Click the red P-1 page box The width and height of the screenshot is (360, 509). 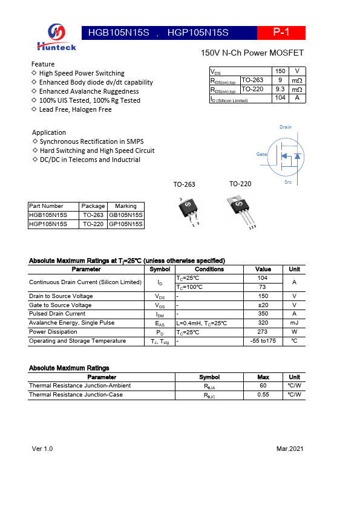pyautogui.click(x=281, y=33)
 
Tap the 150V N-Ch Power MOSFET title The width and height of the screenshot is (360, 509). pyautogui.click(x=252, y=53)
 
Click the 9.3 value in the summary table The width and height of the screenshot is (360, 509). pyautogui.click(x=280, y=89)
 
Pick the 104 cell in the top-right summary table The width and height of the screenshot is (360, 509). pyautogui.click(x=280, y=98)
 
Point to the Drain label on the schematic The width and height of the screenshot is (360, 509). pyautogui.click(x=285, y=128)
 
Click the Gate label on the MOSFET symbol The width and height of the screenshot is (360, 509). pyautogui.click(x=261, y=154)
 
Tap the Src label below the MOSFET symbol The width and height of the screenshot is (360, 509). pyautogui.click(x=288, y=181)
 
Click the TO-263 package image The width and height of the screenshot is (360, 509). pyautogui.click(x=188, y=209)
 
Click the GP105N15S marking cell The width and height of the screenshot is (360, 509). pyautogui.click(x=126, y=224)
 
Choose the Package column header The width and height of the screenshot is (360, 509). pyautogui.click(x=93, y=206)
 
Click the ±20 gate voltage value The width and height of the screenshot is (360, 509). pyautogui.click(x=263, y=305)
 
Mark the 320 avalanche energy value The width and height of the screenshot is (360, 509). pyautogui.click(x=263, y=323)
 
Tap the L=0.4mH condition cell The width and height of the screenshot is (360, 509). pyautogui.click(x=201, y=323)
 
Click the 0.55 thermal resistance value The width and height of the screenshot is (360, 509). pyautogui.click(x=263, y=395)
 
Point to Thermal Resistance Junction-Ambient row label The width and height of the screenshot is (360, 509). pyautogui.click(x=80, y=386)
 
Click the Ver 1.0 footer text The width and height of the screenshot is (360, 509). pyautogui.click(x=42, y=449)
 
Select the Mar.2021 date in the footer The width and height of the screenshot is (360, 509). pyautogui.click(x=289, y=449)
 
